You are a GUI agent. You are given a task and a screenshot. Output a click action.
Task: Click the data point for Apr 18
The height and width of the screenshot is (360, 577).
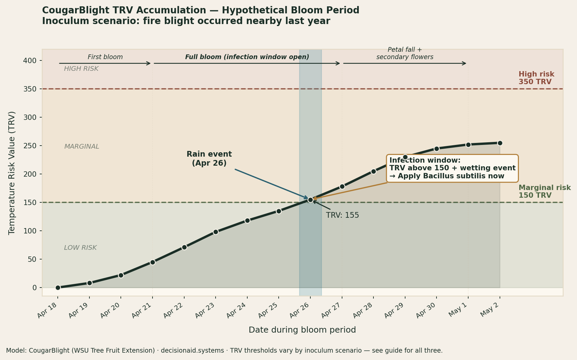pos(58,288)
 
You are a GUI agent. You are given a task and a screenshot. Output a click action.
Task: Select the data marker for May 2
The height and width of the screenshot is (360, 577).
pos(500,143)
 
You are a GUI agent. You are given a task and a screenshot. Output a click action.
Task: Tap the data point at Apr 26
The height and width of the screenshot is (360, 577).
pos(310,200)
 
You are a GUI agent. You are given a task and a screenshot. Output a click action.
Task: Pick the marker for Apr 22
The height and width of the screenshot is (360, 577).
pos(184,247)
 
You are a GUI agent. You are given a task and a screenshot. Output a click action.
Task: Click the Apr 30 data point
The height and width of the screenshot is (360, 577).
pos(437,149)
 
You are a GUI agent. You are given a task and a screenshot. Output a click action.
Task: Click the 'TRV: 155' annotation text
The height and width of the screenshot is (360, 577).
pos(342,215)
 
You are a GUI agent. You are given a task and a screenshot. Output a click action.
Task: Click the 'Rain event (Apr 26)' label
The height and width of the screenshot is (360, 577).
pos(209,159)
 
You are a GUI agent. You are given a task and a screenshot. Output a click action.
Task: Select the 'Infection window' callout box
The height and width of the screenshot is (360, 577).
pos(452,168)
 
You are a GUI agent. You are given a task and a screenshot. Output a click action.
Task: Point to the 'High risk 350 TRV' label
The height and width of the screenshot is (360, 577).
pos(536,78)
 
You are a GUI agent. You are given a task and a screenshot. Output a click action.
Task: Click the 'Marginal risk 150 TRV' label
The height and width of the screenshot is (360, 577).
pos(544,192)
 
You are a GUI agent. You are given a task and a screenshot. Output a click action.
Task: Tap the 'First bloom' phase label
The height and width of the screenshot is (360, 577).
pos(105,57)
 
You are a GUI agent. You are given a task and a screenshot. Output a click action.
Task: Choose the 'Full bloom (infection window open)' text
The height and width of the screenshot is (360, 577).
pos(247,57)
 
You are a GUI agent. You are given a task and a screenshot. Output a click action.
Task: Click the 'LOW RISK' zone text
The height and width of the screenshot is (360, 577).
pos(80,248)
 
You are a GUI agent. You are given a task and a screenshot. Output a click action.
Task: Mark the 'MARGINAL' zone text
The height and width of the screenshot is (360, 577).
pos(82,147)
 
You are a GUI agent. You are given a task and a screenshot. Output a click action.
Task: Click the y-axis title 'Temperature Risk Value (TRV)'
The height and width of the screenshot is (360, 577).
pos(12,173)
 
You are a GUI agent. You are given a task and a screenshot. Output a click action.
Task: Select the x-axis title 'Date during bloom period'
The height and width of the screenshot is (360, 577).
pos(302,330)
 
